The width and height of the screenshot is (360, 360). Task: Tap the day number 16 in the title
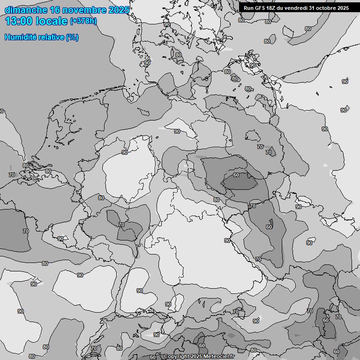pyautogui.click(x=54, y=10)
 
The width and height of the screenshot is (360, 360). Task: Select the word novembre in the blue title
pyautogui.click(x=84, y=10)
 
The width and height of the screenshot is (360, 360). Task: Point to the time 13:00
pyautogui.click(x=20, y=21)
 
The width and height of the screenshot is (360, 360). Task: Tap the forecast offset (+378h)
pyautogui.click(x=83, y=21)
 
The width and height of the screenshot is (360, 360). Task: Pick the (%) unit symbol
pyautogui.click(x=72, y=37)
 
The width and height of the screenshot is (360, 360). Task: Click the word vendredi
pyautogui.click(x=298, y=8)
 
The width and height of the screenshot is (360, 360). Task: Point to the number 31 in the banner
pyautogui.click(x=312, y=8)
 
